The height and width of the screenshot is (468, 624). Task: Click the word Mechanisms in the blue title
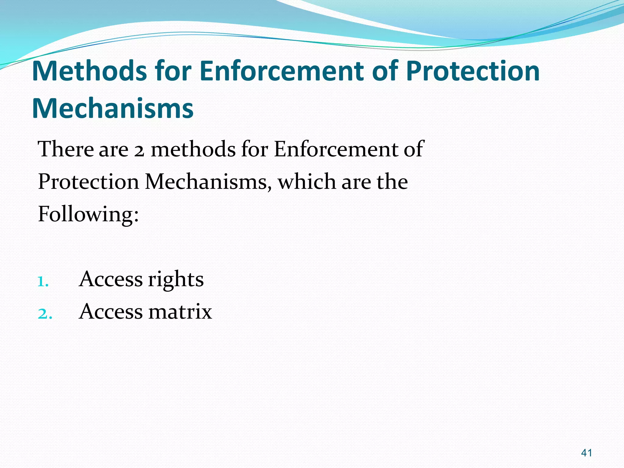tap(113, 108)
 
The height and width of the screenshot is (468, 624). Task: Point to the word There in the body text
tap(66, 149)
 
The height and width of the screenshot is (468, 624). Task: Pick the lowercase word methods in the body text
tap(193, 149)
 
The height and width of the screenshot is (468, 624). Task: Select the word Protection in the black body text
tap(88, 182)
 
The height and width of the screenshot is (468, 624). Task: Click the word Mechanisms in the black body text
tap(208, 182)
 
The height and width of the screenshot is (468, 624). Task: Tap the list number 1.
tap(43, 282)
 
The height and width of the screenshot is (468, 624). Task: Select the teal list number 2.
tap(44, 314)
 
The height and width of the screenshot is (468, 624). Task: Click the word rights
tap(176, 280)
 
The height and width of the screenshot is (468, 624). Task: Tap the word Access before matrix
tap(111, 312)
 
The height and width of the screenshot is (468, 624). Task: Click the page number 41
tap(587, 453)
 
